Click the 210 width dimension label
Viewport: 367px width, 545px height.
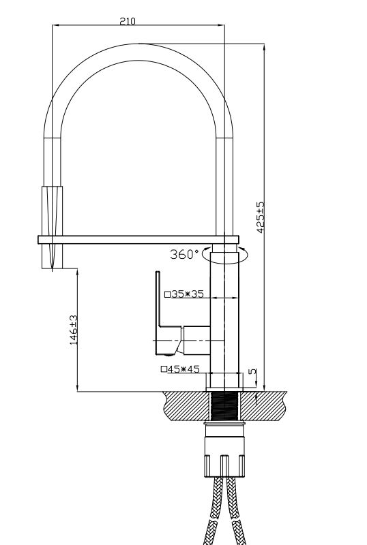click(x=128, y=21)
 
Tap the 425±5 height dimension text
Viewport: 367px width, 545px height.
click(x=260, y=218)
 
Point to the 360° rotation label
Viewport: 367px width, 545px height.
click(x=184, y=254)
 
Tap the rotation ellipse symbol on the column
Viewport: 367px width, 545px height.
click(x=226, y=257)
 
